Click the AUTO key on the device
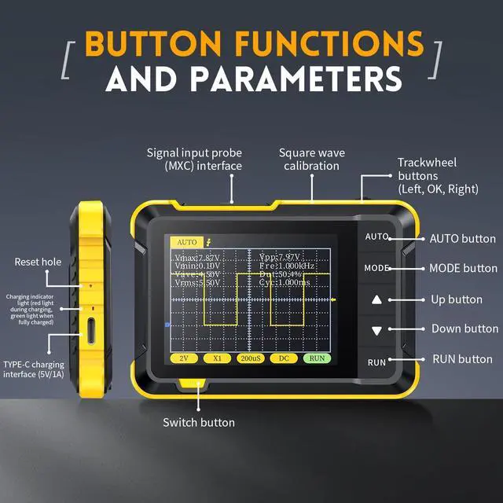pyautogui.click(x=376, y=236)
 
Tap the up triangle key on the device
pyautogui.click(x=376, y=299)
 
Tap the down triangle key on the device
pyautogui.click(x=376, y=331)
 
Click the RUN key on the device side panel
pyautogui.click(x=376, y=362)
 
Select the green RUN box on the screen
pyautogui.click(x=317, y=358)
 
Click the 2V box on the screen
pyautogui.click(x=184, y=358)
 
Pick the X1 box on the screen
pyautogui.click(x=217, y=358)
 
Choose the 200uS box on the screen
pyautogui.click(x=251, y=358)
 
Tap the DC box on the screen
pyautogui.click(x=284, y=358)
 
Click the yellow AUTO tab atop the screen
pyautogui.click(x=187, y=242)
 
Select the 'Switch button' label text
pyautogui.click(x=198, y=423)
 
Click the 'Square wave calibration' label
pyautogui.click(x=312, y=159)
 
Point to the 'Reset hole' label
pyautogui.click(x=37, y=262)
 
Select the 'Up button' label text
pyautogui.click(x=457, y=299)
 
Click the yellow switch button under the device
pyautogui.click(x=193, y=384)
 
